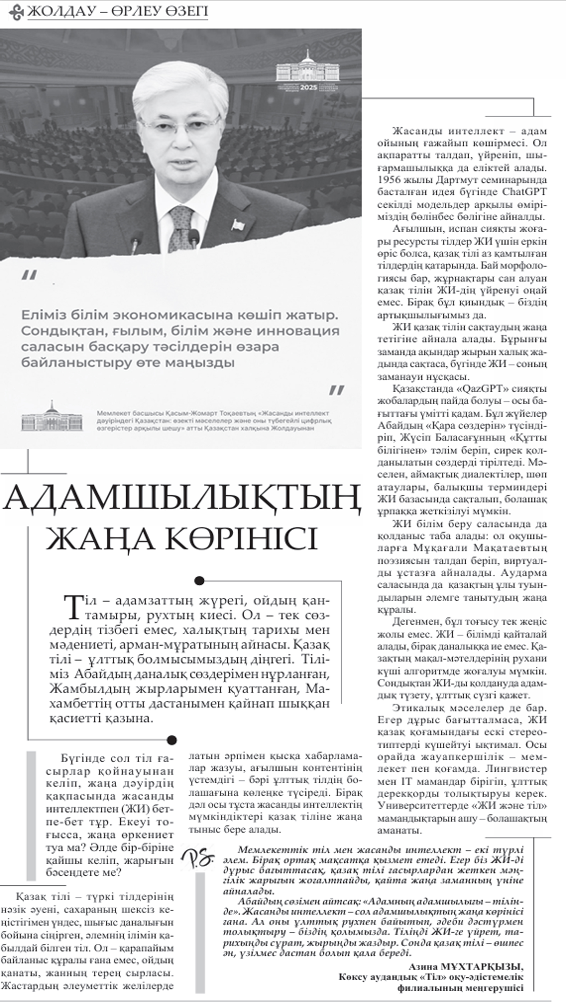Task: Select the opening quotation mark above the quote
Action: (29, 275)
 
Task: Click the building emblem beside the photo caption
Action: (52, 417)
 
